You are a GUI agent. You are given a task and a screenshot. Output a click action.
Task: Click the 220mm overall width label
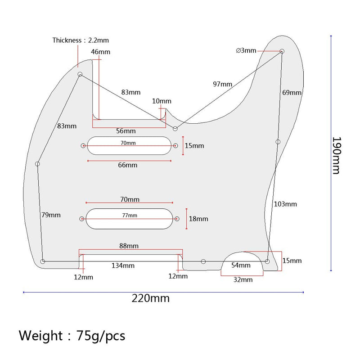151,298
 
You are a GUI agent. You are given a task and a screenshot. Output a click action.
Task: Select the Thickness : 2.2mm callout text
81,40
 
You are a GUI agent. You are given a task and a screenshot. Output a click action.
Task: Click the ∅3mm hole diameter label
246,50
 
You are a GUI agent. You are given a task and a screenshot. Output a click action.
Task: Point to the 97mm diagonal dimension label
222,84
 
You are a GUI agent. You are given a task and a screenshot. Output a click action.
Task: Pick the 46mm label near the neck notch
100,52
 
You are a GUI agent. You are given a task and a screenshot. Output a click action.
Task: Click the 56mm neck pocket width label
126,131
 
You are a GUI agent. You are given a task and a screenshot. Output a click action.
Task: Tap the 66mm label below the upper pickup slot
128,165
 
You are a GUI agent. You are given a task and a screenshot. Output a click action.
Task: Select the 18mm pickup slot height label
198,219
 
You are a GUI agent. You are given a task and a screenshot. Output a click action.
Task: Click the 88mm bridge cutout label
129,246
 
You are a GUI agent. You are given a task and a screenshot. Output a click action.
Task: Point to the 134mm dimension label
123,265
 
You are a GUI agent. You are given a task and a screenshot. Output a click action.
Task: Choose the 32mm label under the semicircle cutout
243,279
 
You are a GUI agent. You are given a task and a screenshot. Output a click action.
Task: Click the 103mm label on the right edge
285,204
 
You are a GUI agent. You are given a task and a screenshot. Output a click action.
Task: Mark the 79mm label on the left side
51,215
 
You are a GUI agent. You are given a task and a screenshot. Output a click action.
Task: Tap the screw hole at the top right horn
282,51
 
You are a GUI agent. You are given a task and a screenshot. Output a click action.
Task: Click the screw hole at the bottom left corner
42,261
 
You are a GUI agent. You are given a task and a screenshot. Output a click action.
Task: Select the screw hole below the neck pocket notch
175,129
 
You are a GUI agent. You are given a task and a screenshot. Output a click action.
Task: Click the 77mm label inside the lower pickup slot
130,216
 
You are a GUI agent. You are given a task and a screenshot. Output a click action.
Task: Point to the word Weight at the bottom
40,336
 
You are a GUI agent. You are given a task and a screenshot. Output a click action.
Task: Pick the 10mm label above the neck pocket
162,101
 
